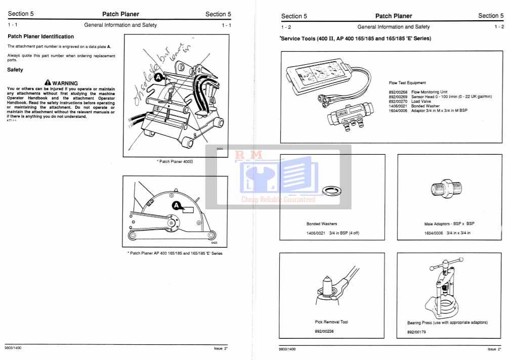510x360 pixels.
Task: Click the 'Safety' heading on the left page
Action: click(15, 70)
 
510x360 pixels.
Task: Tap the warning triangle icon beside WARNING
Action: click(48, 83)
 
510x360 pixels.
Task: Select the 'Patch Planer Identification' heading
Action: click(41, 36)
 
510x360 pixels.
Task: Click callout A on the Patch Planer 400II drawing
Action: click(158, 77)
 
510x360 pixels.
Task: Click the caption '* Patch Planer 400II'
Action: click(175, 161)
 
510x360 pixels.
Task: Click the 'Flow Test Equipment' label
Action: click(407, 83)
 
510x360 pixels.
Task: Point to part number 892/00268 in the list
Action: click(398, 92)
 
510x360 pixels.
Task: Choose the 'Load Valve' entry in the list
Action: click(421, 101)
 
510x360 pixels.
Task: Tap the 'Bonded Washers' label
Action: click(322, 223)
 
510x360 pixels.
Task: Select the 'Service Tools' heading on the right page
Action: click(355, 39)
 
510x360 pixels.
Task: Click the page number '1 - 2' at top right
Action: click(499, 27)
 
